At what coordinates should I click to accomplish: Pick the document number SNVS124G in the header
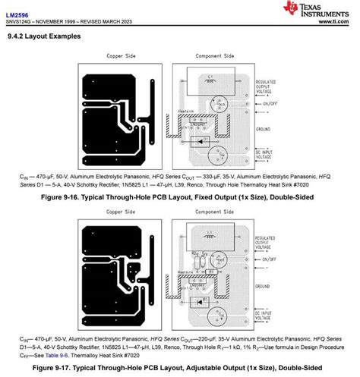(x=21, y=20)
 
